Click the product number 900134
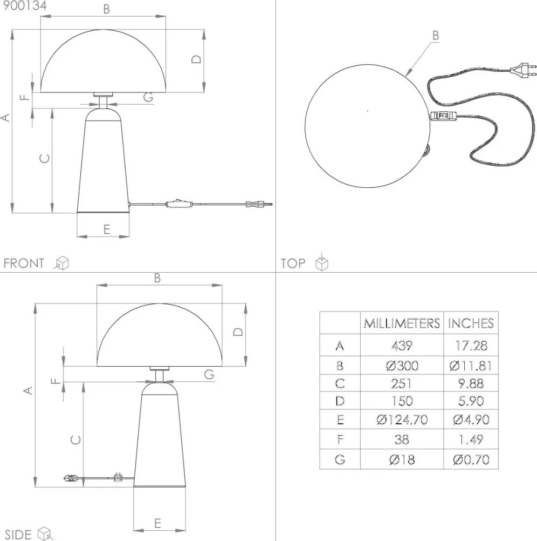click(x=24, y=5)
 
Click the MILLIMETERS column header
click(x=402, y=323)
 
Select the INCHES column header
click(x=471, y=323)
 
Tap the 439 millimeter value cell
click(x=402, y=346)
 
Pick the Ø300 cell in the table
click(x=402, y=366)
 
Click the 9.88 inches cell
click(x=471, y=383)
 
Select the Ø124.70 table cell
click(x=402, y=420)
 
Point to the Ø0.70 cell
click(x=471, y=459)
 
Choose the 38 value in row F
click(x=402, y=439)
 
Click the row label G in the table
click(x=340, y=459)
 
